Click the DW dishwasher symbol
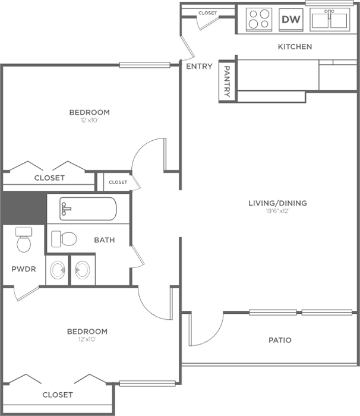click(x=291, y=20)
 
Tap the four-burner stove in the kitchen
click(x=259, y=20)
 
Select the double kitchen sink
click(x=330, y=20)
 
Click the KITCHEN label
click(x=295, y=47)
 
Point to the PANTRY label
click(x=227, y=81)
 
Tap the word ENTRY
click(x=199, y=66)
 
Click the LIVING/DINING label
click(x=277, y=203)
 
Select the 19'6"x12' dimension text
click(x=277, y=211)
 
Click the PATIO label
click(x=280, y=340)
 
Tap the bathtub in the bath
click(x=88, y=209)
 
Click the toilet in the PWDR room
click(x=24, y=239)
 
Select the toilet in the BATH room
click(x=64, y=239)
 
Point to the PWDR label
click(x=24, y=269)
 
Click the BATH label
click(x=105, y=240)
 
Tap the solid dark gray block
click(x=23, y=208)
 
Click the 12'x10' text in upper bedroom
click(x=90, y=120)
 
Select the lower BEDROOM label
click(x=87, y=332)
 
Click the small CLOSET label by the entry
click(x=208, y=13)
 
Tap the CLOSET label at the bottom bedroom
click(x=58, y=395)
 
